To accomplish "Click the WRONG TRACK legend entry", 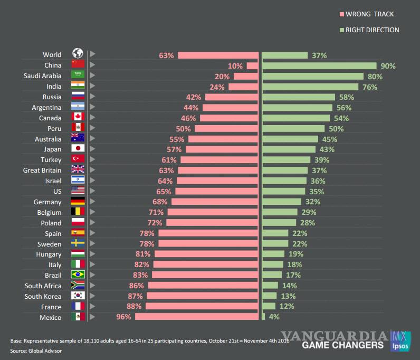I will (369, 14).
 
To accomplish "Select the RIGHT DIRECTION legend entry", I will (371, 30).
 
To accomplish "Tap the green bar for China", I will (319, 66).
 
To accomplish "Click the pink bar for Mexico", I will (197, 317).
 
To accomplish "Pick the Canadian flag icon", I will (78, 118).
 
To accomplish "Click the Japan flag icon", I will (78, 149).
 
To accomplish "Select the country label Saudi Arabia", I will (42, 76).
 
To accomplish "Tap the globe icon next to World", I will (78, 54).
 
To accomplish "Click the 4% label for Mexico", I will (274, 317).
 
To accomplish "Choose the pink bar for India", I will (243, 87).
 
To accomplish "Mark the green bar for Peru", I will (293, 128).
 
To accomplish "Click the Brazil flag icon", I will (78, 275).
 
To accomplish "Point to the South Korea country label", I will (43, 296).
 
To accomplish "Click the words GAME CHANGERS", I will (342, 345).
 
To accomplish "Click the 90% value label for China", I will (388, 66).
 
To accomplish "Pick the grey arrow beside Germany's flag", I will (93, 202).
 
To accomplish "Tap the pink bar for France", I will (202, 307).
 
